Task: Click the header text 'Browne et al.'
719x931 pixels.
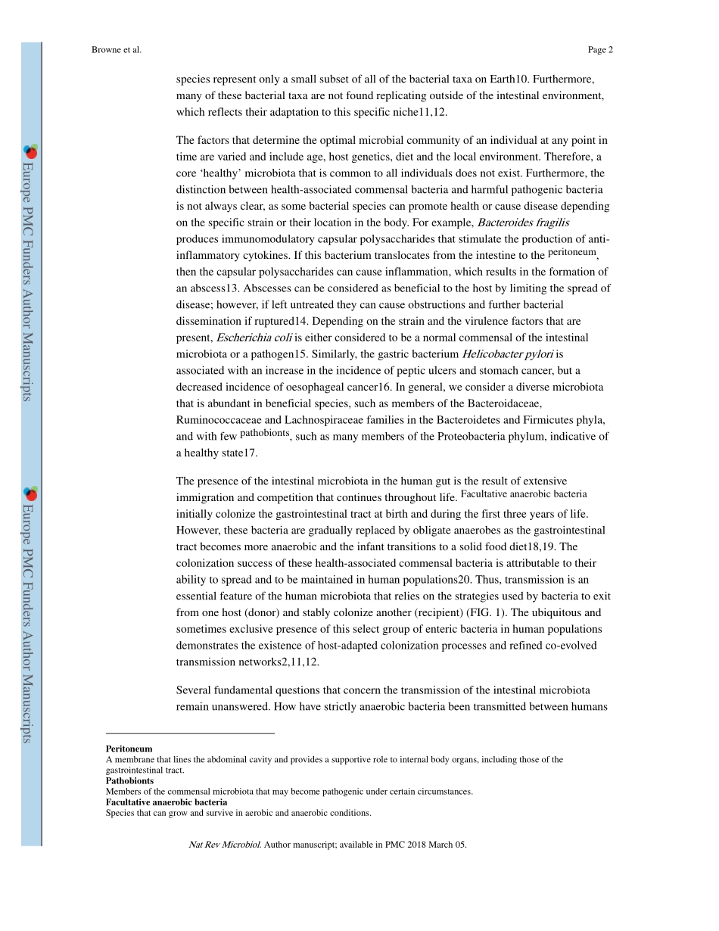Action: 117,50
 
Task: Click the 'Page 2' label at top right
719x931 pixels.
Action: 599,50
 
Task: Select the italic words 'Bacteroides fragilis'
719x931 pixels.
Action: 523,223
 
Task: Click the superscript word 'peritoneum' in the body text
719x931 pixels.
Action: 572,253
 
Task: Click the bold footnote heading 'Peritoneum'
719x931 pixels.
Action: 129,749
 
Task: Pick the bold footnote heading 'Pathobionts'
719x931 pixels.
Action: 129,780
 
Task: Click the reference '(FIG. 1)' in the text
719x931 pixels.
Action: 475,612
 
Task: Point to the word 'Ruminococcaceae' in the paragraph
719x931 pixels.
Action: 219,420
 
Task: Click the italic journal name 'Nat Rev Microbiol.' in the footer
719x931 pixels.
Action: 225,845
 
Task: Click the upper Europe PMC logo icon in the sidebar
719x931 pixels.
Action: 30,151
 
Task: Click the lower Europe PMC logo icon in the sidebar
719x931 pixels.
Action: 30,494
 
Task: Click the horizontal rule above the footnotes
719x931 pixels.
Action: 190,733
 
